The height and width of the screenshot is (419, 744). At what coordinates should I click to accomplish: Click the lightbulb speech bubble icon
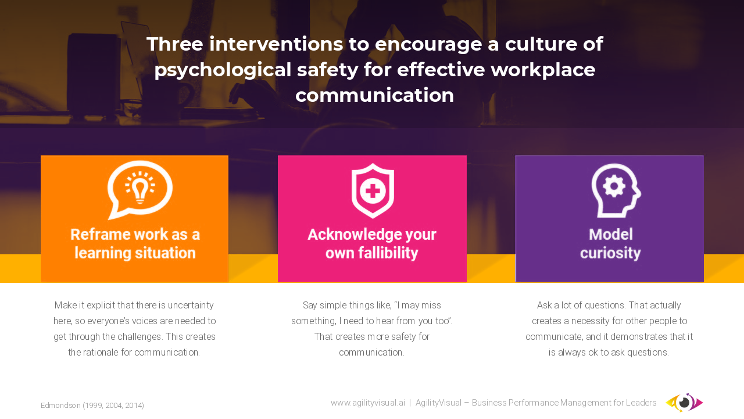[139, 190]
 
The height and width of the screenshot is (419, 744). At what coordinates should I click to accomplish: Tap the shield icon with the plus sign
[373, 191]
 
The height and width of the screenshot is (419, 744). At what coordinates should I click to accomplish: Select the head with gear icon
[616, 190]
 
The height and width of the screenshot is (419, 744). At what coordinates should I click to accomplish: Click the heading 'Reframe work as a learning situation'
[135, 244]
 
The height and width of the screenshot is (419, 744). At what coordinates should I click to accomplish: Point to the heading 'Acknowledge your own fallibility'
[372, 244]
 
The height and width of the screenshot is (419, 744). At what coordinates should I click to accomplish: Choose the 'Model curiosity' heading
[610, 244]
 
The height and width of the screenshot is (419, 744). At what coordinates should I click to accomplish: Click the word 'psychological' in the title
[223, 70]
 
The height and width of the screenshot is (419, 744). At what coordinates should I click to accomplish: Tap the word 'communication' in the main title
[375, 95]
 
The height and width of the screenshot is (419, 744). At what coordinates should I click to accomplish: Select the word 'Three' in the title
[175, 44]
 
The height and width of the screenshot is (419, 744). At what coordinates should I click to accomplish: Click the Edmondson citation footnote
[92, 406]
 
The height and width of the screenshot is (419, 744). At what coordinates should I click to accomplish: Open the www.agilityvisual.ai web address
[368, 403]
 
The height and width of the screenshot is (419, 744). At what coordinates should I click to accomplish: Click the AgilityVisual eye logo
[684, 402]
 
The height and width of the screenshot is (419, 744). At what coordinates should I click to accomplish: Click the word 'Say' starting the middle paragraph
[310, 306]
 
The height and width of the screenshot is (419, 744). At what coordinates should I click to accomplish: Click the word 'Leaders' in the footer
[641, 403]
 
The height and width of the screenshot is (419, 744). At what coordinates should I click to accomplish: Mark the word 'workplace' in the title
[543, 70]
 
